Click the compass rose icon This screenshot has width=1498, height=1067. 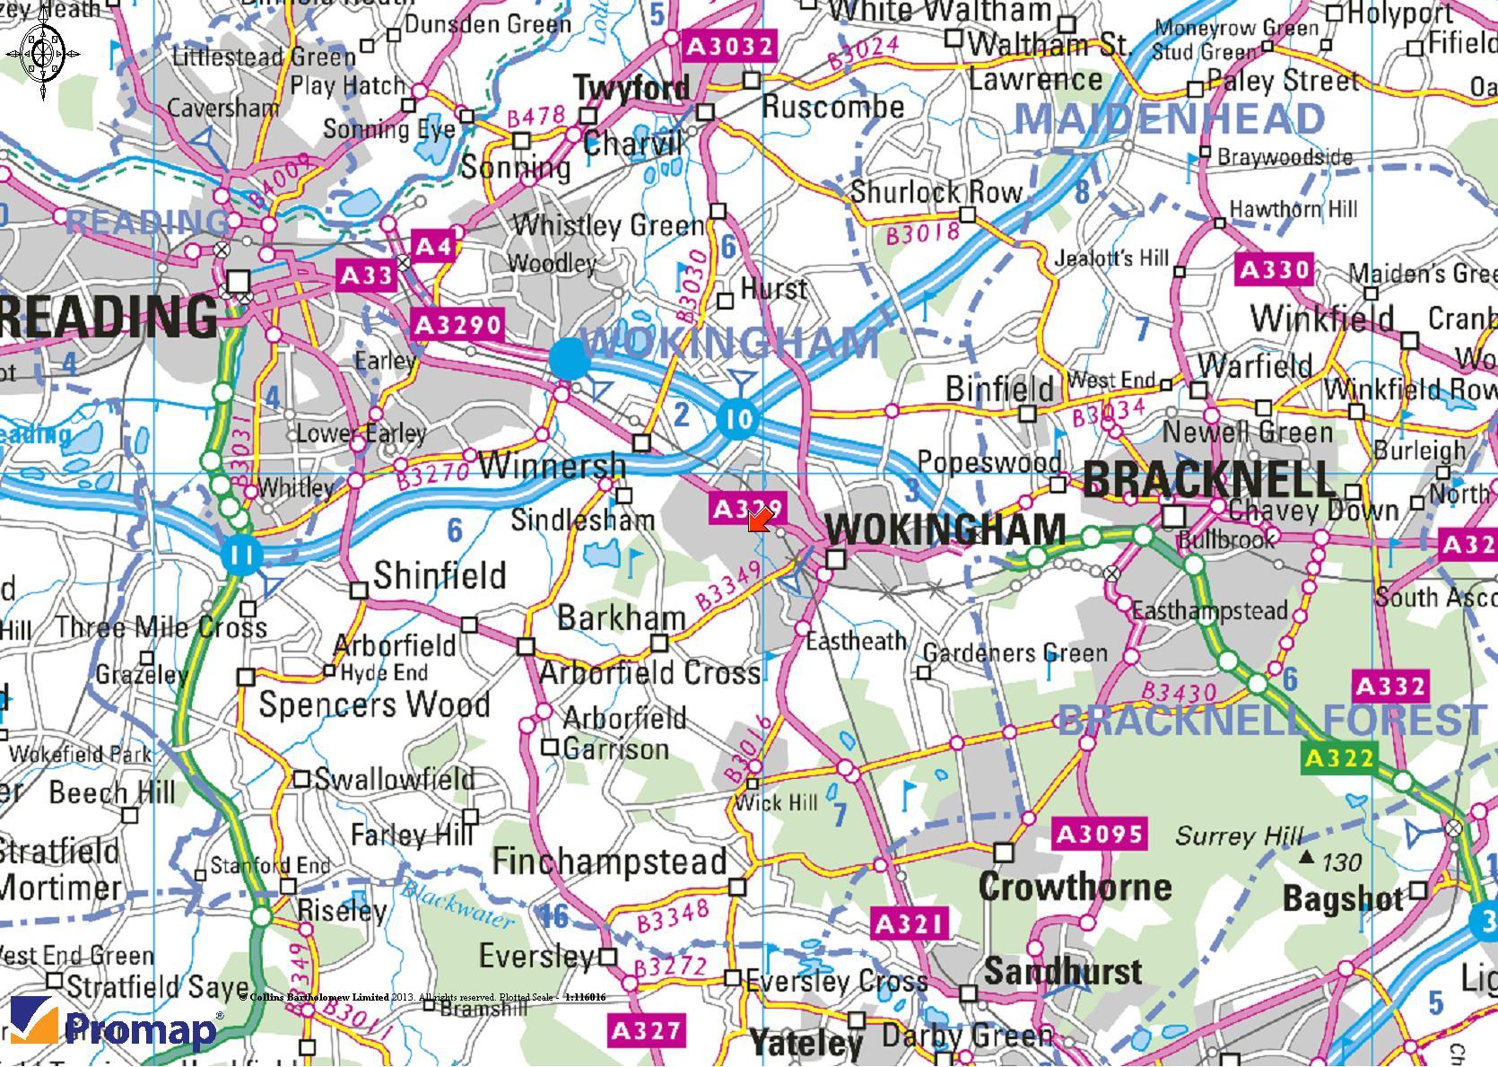42,53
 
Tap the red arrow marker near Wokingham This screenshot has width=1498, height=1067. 759,520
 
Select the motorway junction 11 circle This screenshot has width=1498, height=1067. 240,554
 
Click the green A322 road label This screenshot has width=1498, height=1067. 1338,759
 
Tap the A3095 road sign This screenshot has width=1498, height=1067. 1100,835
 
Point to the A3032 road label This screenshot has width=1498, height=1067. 729,46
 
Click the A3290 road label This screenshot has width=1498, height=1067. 457,324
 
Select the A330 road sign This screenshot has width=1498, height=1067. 1274,269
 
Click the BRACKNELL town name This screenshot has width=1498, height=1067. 1209,480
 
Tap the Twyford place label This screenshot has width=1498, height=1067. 632,88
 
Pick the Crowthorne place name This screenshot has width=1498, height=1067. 1075,887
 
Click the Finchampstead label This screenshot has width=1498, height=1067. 610,861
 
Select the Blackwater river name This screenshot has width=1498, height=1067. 457,904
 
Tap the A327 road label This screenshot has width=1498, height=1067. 646,1031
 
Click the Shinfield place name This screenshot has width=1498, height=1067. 440,575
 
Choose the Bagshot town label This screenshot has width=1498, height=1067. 1343,897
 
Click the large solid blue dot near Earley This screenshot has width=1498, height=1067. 570,359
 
